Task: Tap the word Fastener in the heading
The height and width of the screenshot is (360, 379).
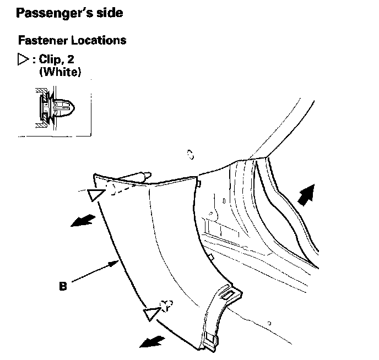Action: point(39,41)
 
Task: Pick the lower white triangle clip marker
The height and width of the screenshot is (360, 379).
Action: point(150,314)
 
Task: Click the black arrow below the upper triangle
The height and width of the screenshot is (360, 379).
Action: point(81,221)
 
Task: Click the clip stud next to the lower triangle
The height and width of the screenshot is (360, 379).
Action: point(166,304)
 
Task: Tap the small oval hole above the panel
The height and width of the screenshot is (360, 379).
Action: point(189,155)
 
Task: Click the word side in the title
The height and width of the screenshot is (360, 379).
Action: point(107,13)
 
